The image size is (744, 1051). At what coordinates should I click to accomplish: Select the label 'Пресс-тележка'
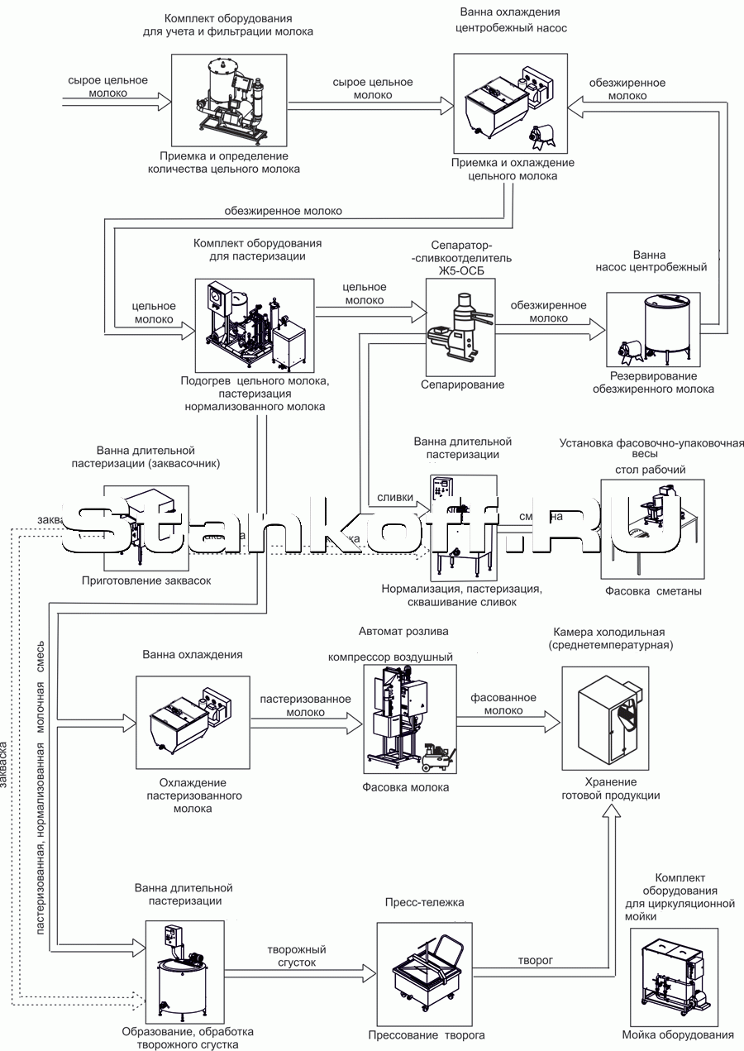coord(424,902)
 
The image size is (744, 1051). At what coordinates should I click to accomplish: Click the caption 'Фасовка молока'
coord(405,787)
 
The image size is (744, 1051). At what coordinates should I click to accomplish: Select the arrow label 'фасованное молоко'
coord(503,704)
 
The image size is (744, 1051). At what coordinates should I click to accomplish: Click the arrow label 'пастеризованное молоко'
coord(305,705)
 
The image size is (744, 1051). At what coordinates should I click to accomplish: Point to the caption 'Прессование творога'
coord(427,1034)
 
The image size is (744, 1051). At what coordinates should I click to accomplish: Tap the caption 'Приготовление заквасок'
coord(146,580)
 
